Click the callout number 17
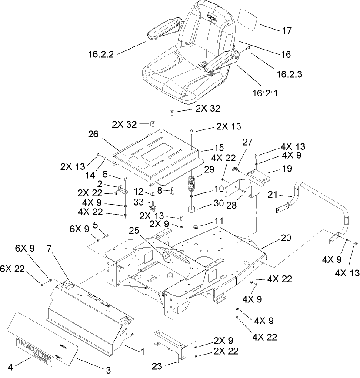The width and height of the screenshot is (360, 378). point(287,31)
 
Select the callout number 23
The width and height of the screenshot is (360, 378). point(157,366)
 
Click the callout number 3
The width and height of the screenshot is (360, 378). point(108,370)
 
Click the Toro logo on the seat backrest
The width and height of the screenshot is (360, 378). point(212,18)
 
